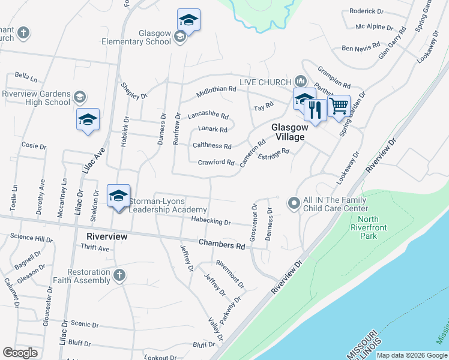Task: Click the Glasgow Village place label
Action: coord(289,132)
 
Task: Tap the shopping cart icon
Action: coord(339,106)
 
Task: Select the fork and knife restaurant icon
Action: coord(315,109)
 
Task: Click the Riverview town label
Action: coord(107,236)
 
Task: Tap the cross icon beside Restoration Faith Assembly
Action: coord(119,275)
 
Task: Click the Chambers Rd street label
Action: coord(222,245)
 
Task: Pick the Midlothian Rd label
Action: coord(216,89)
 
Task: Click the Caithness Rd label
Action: coord(212,146)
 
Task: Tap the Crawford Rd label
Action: coord(216,162)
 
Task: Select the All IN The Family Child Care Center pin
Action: coord(294,203)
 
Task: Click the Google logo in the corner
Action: coord(20,353)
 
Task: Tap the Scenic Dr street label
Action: coord(84,324)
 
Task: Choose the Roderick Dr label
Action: coord(366,11)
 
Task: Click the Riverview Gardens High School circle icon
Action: coord(79,97)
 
